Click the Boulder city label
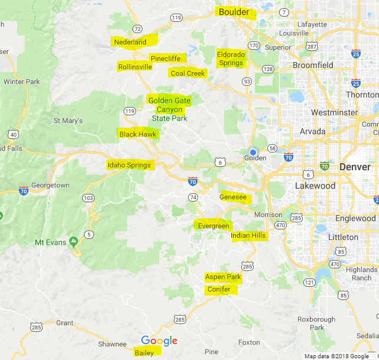pos(234,12)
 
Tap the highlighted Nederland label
pos(130,42)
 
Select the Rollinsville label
pos(135,67)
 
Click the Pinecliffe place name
pos(166,59)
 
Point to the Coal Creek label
pos(187,73)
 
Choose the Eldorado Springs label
pos(231,59)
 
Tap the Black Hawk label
pos(137,134)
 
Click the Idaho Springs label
pos(129,165)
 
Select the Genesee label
pos(233,196)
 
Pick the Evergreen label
pos(213,226)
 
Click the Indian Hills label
pos(248,236)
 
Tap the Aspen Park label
pos(223,277)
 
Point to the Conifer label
pos(219,289)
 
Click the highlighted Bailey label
pos(144,353)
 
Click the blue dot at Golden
pos(253,152)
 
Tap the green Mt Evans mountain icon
pos(73,241)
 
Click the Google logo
pos(159,340)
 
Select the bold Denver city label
pos(355,167)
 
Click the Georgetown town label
pos(51,185)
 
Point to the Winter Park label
pos(21,81)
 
